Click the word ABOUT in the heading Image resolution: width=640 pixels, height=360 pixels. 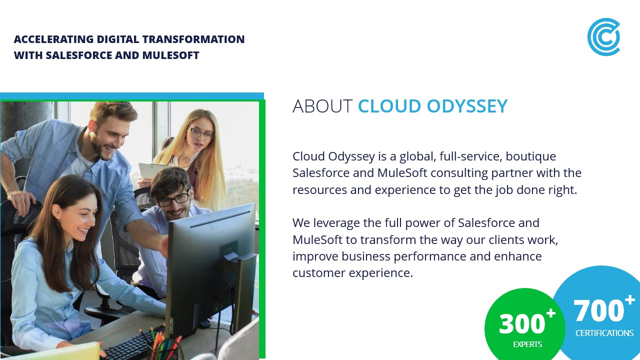(322, 106)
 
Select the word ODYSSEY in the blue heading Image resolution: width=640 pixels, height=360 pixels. (467, 106)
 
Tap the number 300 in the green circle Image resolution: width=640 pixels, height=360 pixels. (522, 323)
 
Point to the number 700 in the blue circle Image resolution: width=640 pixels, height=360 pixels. (598, 310)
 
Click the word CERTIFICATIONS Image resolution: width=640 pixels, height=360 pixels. (604, 333)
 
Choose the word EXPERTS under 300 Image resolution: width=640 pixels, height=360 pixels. (527, 344)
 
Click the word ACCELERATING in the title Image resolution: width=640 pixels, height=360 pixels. (53, 39)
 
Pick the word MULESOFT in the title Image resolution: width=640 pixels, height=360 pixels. (170, 55)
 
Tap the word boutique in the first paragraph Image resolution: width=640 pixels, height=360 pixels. (531, 156)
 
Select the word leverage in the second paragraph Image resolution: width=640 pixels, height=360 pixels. (336, 223)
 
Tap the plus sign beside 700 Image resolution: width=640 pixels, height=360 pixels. (629, 300)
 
